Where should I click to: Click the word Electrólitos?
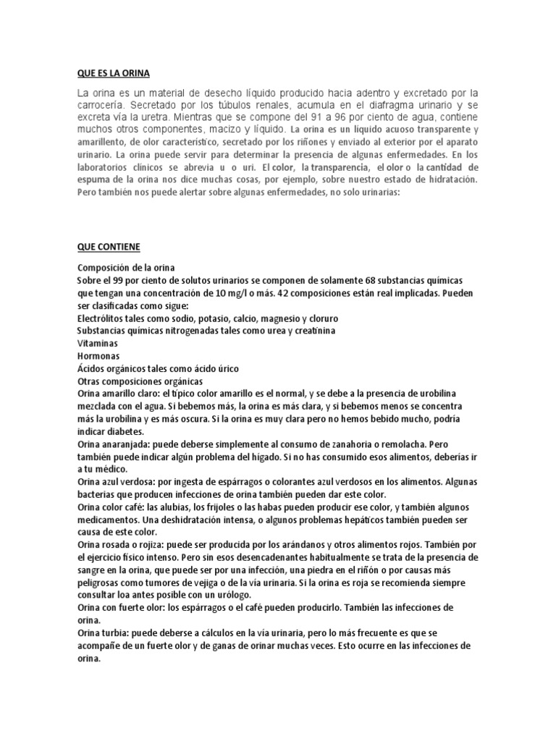pyautogui.click(x=106, y=318)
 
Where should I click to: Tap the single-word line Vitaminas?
pyautogui.click(x=98, y=343)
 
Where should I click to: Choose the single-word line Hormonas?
pyautogui.click(x=98, y=356)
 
